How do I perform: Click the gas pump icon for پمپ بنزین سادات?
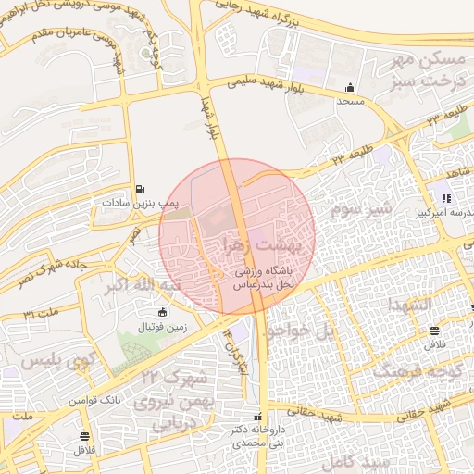coord(140,188)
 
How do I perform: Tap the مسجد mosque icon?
coord(352,88)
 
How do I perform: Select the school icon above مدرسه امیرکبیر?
coord(446,198)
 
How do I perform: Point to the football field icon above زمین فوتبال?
coord(163,313)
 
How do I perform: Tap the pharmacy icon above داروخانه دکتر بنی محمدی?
coord(258,418)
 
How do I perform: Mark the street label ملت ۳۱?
coord(41,315)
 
